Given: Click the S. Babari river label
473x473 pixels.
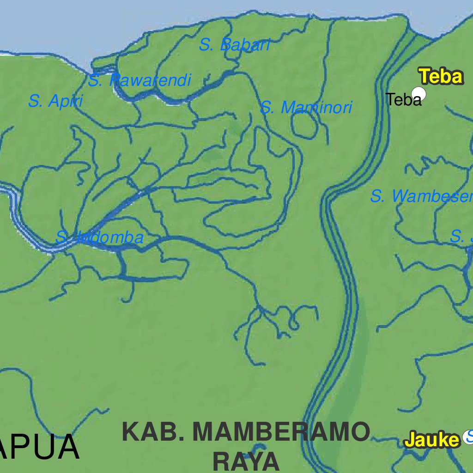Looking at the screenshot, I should click(x=234, y=45).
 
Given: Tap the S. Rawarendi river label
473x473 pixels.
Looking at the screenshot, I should click(x=139, y=81).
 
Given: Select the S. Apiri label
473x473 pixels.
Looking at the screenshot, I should click(x=55, y=101).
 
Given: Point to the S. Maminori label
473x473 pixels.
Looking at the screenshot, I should click(x=306, y=108).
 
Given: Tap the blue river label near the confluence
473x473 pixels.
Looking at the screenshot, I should click(x=99, y=238).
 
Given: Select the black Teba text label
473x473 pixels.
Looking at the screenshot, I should click(x=403, y=99).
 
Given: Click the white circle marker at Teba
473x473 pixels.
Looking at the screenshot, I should click(x=418, y=94).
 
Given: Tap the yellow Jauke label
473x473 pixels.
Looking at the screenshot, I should click(x=432, y=440).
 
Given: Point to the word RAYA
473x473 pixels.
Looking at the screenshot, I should click(x=246, y=461).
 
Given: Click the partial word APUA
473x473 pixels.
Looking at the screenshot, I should click(x=39, y=447).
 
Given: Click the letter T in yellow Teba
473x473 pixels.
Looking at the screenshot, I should click(x=424, y=77).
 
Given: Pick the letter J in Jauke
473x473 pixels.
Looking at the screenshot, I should click(x=410, y=440).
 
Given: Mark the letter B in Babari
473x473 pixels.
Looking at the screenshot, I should click(x=226, y=45).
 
